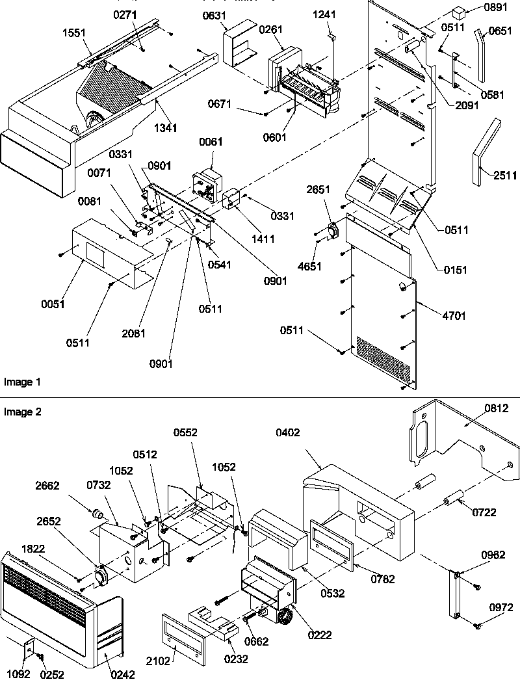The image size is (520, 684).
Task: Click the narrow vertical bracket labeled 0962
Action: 456,594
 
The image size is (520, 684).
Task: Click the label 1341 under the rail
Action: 165,128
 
